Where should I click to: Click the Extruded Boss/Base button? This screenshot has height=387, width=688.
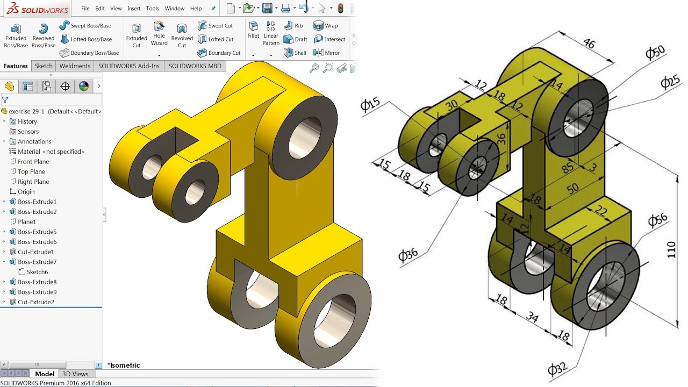(x=16, y=35)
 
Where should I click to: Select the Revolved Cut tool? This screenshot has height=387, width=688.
(x=182, y=35)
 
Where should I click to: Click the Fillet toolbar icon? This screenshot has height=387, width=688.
(x=253, y=30)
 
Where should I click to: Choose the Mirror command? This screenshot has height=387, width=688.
(x=326, y=53)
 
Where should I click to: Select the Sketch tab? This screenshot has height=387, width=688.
(x=44, y=66)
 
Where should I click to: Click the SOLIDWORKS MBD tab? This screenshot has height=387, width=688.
(x=195, y=66)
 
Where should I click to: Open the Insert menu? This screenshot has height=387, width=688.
(x=134, y=9)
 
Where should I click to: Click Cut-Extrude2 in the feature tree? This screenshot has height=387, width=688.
(x=35, y=302)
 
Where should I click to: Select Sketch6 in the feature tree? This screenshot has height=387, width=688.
(x=37, y=272)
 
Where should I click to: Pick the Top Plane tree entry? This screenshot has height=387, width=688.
(x=31, y=171)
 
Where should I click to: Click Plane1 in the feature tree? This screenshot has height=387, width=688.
(x=27, y=221)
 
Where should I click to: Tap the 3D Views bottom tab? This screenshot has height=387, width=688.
(x=75, y=374)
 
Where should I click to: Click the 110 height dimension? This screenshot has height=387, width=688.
(x=671, y=249)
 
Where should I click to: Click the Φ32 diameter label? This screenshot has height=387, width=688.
(x=557, y=369)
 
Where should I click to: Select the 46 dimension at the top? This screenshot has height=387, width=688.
(x=589, y=44)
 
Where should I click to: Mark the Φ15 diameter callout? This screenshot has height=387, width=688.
(x=370, y=104)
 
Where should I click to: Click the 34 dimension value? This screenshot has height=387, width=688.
(x=532, y=317)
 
